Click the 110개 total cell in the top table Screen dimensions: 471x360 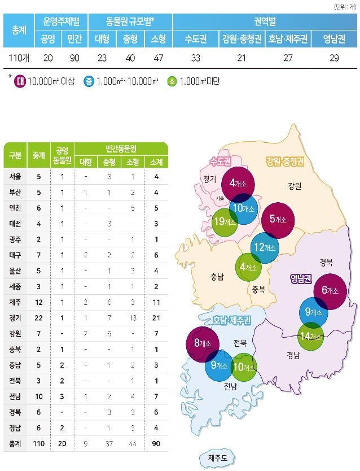pos(19,58)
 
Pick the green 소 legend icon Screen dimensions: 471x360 pos(172,81)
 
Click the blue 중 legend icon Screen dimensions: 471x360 pos(89,81)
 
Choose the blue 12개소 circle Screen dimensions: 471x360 pos(265,247)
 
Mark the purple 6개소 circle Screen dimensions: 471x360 pos(330,290)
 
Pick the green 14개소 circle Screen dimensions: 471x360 pos(311,337)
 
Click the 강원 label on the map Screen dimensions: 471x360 pos(294,185)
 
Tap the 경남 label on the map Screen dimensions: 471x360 pos(293,356)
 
